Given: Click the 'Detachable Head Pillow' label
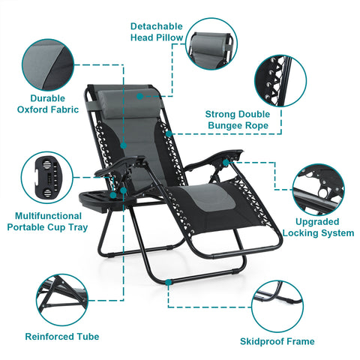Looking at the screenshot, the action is [157, 32].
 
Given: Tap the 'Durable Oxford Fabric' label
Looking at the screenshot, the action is [48, 104].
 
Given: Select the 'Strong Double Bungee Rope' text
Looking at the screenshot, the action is [238, 120].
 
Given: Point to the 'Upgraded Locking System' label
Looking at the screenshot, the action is [318, 227].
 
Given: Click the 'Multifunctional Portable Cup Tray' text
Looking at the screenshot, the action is [47, 222].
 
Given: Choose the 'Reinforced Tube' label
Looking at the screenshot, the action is [62, 337].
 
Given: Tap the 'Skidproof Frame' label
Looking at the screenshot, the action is [277, 341].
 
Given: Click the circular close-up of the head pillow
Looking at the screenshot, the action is [211, 44].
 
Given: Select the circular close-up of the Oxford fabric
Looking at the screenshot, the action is [48, 65].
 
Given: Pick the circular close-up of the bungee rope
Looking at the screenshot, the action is [280, 81].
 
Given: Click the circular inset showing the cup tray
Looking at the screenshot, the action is [47, 178].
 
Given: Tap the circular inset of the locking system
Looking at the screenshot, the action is [318, 190].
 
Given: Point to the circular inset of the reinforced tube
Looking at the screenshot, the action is [62, 300].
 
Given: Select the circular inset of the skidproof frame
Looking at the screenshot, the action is [277, 307].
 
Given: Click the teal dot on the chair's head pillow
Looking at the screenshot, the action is [140, 96].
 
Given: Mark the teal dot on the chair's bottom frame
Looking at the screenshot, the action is [169, 282].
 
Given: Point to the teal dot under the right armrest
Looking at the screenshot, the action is [226, 163].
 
